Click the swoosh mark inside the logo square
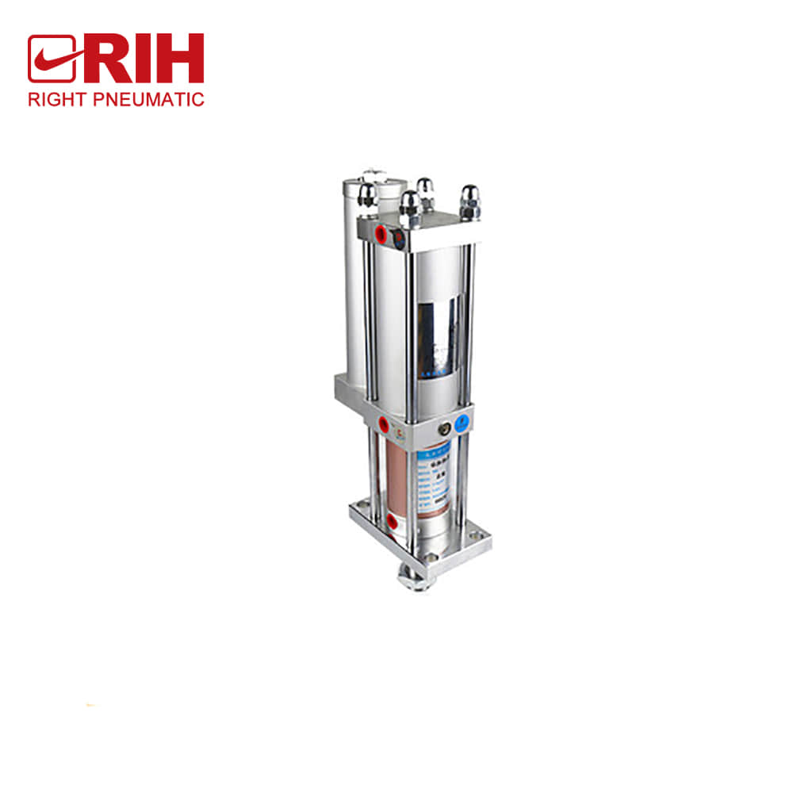pos(52,59)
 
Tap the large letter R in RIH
pos(103,59)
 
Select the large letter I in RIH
pos(144,59)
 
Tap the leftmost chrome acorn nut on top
pos(367,195)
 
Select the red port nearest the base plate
pos(392,520)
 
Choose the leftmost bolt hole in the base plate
pos(364,508)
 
